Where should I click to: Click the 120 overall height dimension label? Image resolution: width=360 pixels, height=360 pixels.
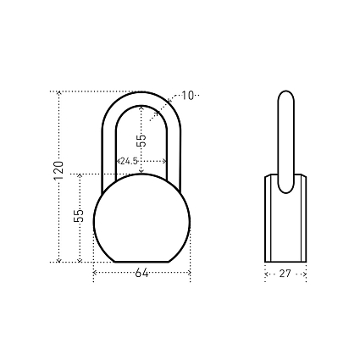pyautogui.click(x=58, y=170)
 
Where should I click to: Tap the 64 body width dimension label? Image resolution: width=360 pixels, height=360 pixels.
pyautogui.click(x=141, y=273)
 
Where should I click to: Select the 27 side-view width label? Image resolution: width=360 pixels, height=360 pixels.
pyautogui.click(x=285, y=274)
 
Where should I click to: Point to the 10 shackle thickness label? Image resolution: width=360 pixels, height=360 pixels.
pyautogui.click(x=187, y=96)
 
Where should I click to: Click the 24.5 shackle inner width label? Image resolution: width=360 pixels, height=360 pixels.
pyautogui.click(x=129, y=161)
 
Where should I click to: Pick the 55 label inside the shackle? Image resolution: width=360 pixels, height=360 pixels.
pyautogui.click(x=141, y=141)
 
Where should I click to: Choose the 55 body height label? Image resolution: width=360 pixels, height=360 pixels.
pyautogui.click(x=79, y=215)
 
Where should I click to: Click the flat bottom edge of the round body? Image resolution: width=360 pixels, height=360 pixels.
pyautogui.click(x=141, y=262)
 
